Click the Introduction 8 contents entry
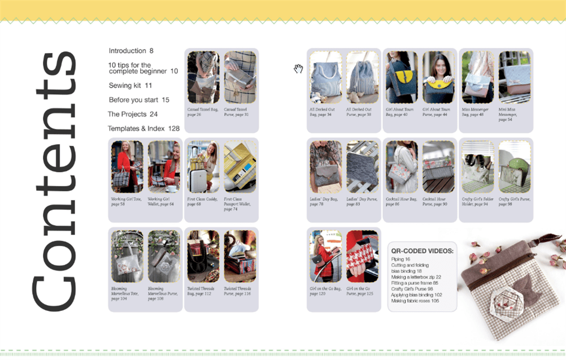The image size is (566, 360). pyautogui.click(x=130, y=51)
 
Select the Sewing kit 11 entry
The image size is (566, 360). pyautogui.click(x=130, y=86)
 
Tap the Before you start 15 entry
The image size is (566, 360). pyautogui.click(x=139, y=100)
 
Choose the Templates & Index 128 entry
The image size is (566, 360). pyautogui.click(x=143, y=129)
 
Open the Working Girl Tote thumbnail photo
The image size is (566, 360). pyautogui.click(x=127, y=167)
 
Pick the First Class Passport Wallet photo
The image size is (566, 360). pyautogui.click(x=240, y=167)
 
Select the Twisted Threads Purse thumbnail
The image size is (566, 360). pyautogui.click(x=240, y=256)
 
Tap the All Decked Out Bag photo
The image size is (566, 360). pyautogui.click(x=325, y=77)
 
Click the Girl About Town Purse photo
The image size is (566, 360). pyautogui.click(x=438, y=77)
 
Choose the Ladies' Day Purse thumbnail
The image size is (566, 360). pyautogui.click(x=362, y=167)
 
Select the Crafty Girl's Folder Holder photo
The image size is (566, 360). pyautogui.click(x=477, y=167)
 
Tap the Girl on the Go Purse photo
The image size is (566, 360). pyautogui.click(x=362, y=256)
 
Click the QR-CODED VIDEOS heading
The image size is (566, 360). pyautogui.click(x=422, y=250)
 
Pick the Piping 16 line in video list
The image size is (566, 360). pyautogui.click(x=400, y=259)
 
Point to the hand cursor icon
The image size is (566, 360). pyautogui.click(x=298, y=69)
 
